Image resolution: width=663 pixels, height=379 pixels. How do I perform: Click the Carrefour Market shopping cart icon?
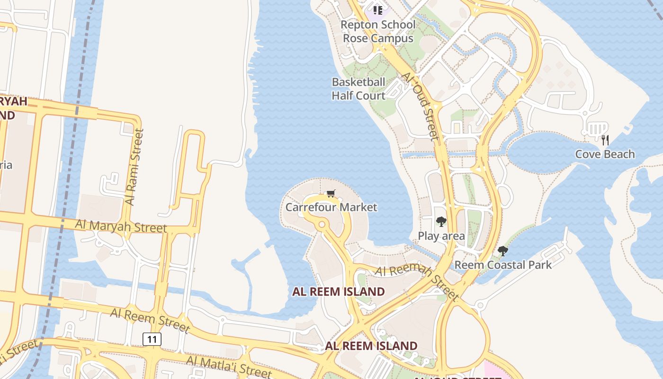click(331, 193)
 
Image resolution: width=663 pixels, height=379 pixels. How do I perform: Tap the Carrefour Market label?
click(331, 207)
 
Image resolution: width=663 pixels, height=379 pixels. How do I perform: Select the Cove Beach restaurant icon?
click(605, 140)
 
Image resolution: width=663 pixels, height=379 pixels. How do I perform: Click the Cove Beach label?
click(605, 154)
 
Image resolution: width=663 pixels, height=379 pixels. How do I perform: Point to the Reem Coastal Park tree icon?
click(503, 251)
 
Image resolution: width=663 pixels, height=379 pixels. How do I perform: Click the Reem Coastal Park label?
click(503, 264)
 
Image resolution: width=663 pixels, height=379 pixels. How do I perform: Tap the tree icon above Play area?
click(441, 221)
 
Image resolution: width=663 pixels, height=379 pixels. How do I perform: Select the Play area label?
click(441, 235)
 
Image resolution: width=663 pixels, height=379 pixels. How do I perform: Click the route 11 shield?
click(152, 339)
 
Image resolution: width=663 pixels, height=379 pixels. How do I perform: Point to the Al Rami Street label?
click(134, 167)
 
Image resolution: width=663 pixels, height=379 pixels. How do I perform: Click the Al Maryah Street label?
click(121, 226)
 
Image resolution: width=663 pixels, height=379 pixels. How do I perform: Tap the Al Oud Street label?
click(420, 106)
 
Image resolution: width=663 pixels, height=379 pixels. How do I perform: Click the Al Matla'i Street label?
click(229, 366)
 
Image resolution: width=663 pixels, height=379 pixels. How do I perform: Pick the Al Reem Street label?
click(150, 319)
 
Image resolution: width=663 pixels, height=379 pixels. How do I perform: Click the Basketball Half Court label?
click(358, 89)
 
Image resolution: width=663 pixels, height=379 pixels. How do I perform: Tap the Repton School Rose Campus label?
click(378, 31)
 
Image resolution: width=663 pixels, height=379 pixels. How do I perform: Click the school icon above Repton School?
click(377, 10)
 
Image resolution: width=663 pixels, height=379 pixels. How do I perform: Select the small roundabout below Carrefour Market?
click(322, 224)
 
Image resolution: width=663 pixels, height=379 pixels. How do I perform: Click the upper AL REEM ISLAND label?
click(338, 291)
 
